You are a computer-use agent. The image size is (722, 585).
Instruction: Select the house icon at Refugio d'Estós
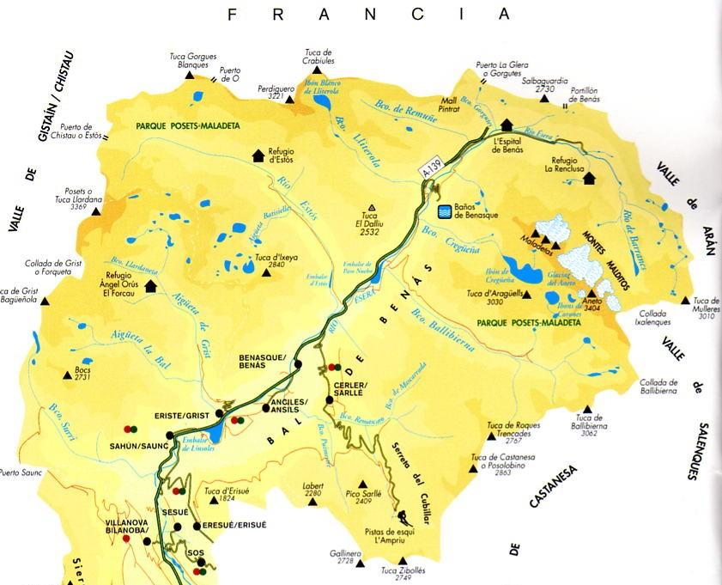(x=257, y=155)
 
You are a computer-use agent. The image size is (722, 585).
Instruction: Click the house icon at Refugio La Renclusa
(x=589, y=178)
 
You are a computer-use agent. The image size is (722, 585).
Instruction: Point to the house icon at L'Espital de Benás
(x=507, y=124)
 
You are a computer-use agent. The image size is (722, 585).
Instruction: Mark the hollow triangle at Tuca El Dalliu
(x=372, y=207)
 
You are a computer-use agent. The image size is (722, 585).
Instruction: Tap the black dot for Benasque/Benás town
(x=298, y=364)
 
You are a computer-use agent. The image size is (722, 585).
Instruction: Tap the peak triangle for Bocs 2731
(x=66, y=372)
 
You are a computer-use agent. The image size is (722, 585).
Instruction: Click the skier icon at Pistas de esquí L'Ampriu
(x=402, y=516)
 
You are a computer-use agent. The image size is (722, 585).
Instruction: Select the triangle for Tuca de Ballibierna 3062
(x=587, y=410)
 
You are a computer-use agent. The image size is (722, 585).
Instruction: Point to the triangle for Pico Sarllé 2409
(x=362, y=483)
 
